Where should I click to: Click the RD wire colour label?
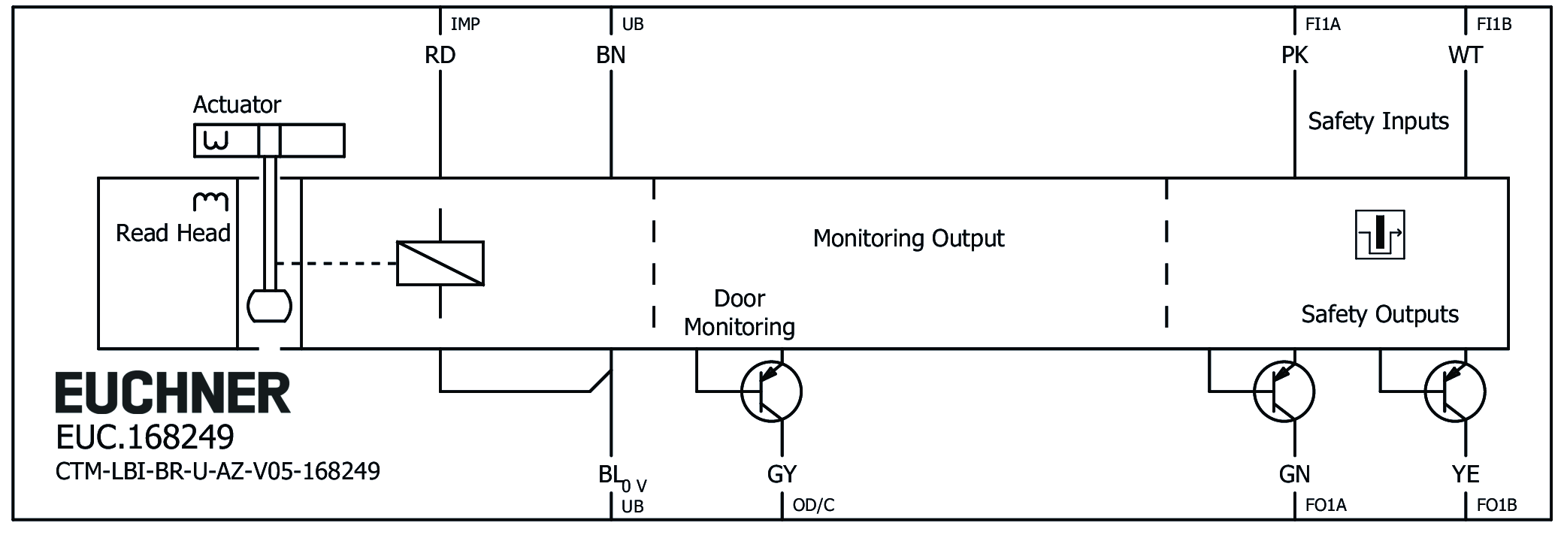[x=440, y=56]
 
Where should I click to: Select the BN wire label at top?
[x=610, y=56]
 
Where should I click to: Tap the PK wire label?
[x=1294, y=56]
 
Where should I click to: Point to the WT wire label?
[x=1465, y=56]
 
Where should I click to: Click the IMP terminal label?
[x=464, y=25]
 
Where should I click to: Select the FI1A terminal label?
[x=1323, y=25]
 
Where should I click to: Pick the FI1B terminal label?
[x=1493, y=25]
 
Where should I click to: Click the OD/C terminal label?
[x=813, y=505]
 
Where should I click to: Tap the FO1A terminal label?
[x=1326, y=505]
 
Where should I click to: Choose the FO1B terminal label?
[x=1496, y=505]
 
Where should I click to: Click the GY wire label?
[x=782, y=474]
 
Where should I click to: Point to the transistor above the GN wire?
[x=1284, y=391]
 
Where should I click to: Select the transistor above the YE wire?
[x=1454, y=391]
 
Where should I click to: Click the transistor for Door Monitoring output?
[x=771, y=391]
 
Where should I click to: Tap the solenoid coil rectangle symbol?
[x=440, y=264]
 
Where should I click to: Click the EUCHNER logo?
[x=172, y=393]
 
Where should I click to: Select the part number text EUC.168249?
[x=145, y=437]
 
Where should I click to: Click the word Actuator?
[x=237, y=104]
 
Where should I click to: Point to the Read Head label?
[x=173, y=233]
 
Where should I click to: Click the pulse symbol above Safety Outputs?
[x=1380, y=235]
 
